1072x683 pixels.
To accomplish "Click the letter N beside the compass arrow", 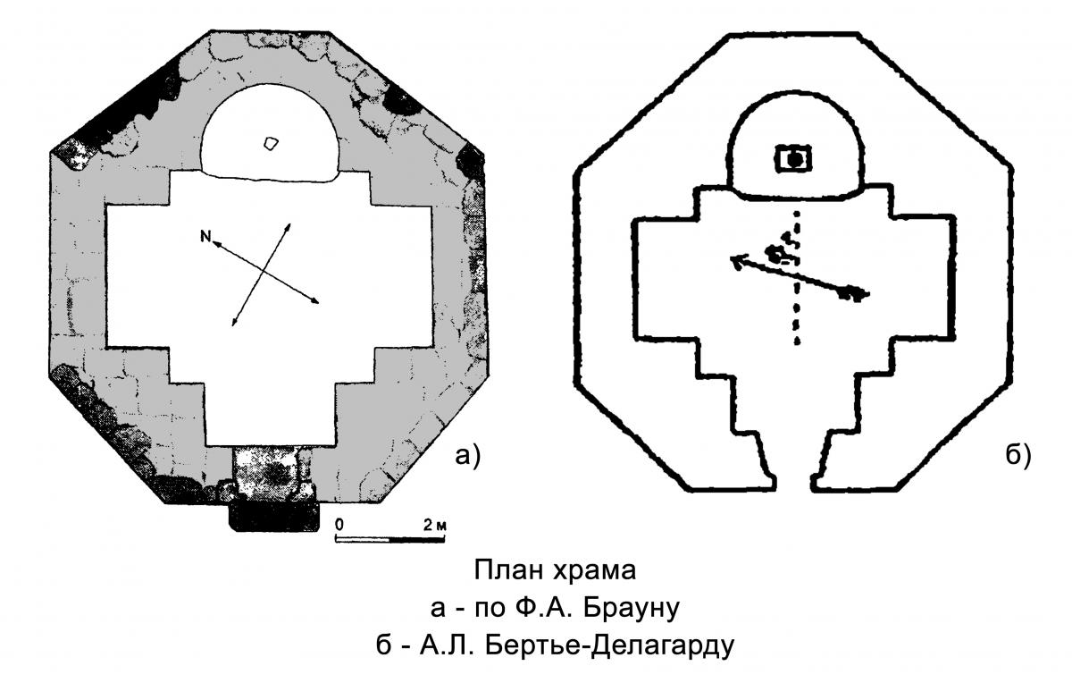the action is point(205,236).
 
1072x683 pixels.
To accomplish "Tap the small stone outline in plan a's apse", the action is point(272,143).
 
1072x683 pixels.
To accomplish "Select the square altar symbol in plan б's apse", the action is point(794,159).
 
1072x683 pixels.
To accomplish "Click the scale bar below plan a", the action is point(390,540).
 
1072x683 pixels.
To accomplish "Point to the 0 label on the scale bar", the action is point(339,525).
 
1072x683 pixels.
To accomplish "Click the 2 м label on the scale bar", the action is point(434,525).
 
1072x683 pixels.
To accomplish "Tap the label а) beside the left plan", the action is point(467,456).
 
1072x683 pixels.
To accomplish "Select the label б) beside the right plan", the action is point(1018,456).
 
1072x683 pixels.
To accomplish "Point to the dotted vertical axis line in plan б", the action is point(796,277).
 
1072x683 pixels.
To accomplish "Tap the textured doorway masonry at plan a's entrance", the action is point(272,474).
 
